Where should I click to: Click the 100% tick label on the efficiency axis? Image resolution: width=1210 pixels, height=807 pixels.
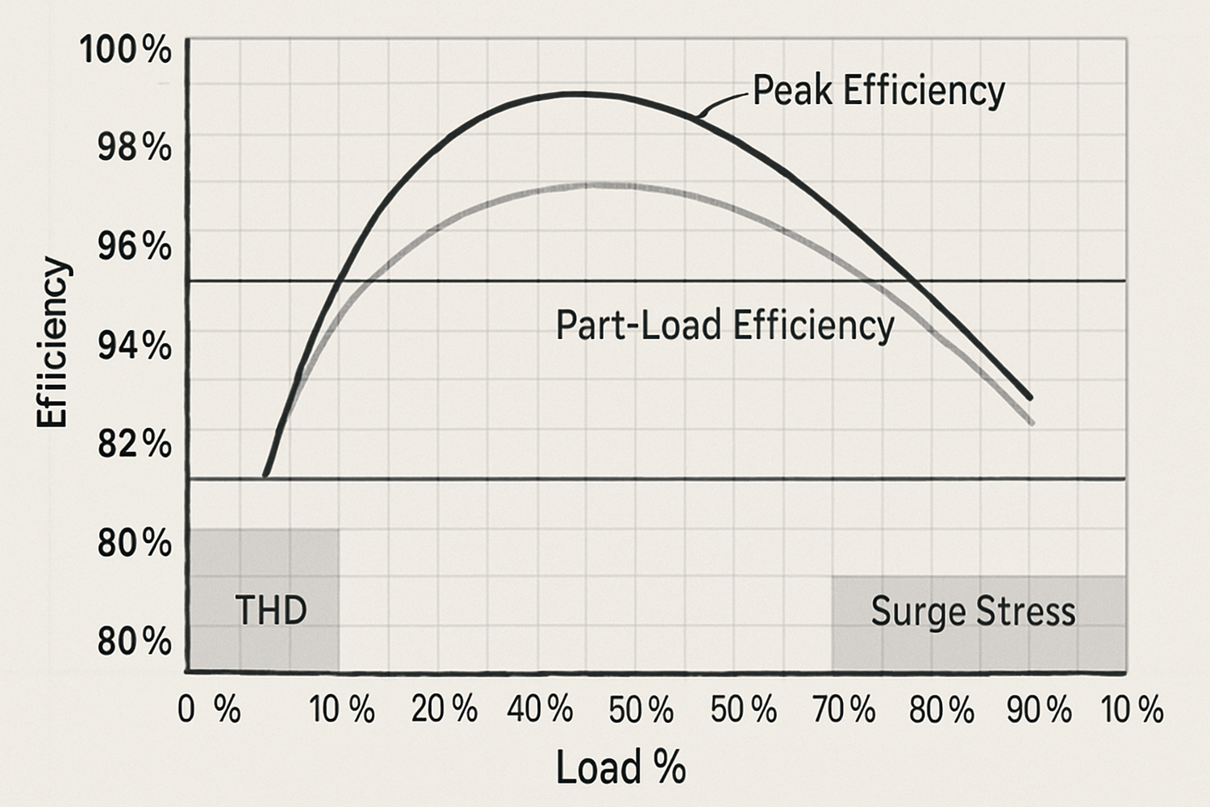click(x=126, y=50)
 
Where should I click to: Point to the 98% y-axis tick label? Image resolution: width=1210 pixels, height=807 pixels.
click(x=134, y=148)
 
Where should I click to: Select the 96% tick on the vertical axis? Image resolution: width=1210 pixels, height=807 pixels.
click(x=134, y=246)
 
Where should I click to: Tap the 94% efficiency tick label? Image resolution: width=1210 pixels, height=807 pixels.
click(x=134, y=346)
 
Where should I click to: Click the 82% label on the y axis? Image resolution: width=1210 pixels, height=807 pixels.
click(x=134, y=444)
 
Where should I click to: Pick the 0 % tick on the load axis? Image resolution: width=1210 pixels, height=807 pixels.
click(x=209, y=710)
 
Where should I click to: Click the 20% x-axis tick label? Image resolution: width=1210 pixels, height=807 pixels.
click(x=444, y=710)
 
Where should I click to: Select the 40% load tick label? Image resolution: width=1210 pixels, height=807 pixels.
click(x=540, y=710)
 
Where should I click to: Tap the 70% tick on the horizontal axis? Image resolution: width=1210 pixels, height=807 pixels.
click(x=844, y=710)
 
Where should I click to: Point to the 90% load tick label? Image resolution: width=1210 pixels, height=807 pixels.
click(x=1040, y=710)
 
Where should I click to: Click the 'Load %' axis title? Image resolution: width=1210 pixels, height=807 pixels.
click(x=620, y=767)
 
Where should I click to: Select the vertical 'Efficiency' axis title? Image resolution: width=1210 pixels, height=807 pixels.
click(x=52, y=342)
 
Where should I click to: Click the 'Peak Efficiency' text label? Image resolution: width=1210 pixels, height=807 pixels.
click(x=878, y=90)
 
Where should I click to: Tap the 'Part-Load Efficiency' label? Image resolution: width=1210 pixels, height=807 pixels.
click(x=725, y=325)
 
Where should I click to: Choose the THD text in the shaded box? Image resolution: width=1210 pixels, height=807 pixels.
click(x=271, y=610)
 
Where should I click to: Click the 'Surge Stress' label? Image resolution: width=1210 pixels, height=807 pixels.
click(x=973, y=611)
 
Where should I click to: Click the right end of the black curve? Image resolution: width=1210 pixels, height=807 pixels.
click(x=1030, y=397)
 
